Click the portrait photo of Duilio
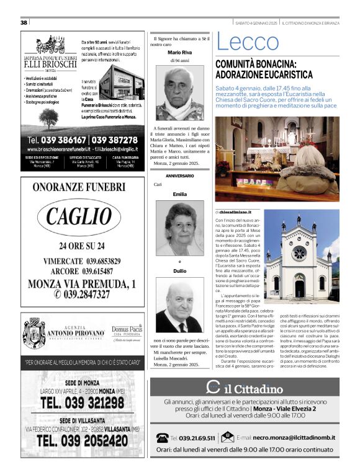click(x=179, y=308)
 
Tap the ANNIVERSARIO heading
click(x=179, y=176)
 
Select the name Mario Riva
click(x=179, y=54)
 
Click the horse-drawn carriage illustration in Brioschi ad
click(x=53, y=45)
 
